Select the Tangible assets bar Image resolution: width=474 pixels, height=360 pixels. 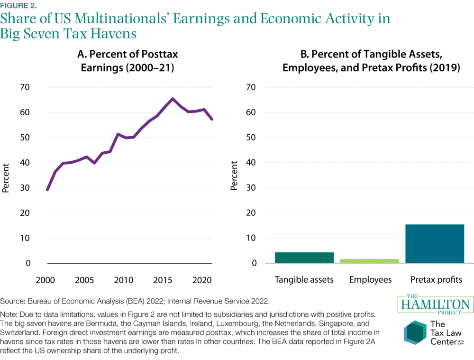pos(304,258)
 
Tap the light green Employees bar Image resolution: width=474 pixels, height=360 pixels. pos(370,261)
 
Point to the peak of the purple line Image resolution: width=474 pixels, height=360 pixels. pos(173,99)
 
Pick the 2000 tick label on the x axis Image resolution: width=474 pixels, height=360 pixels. pos(47,279)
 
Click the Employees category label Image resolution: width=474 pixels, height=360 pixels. pos(370,279)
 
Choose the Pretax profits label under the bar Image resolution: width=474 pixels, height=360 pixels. pos(435,279)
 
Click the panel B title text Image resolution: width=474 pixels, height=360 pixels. pos(371,60)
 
